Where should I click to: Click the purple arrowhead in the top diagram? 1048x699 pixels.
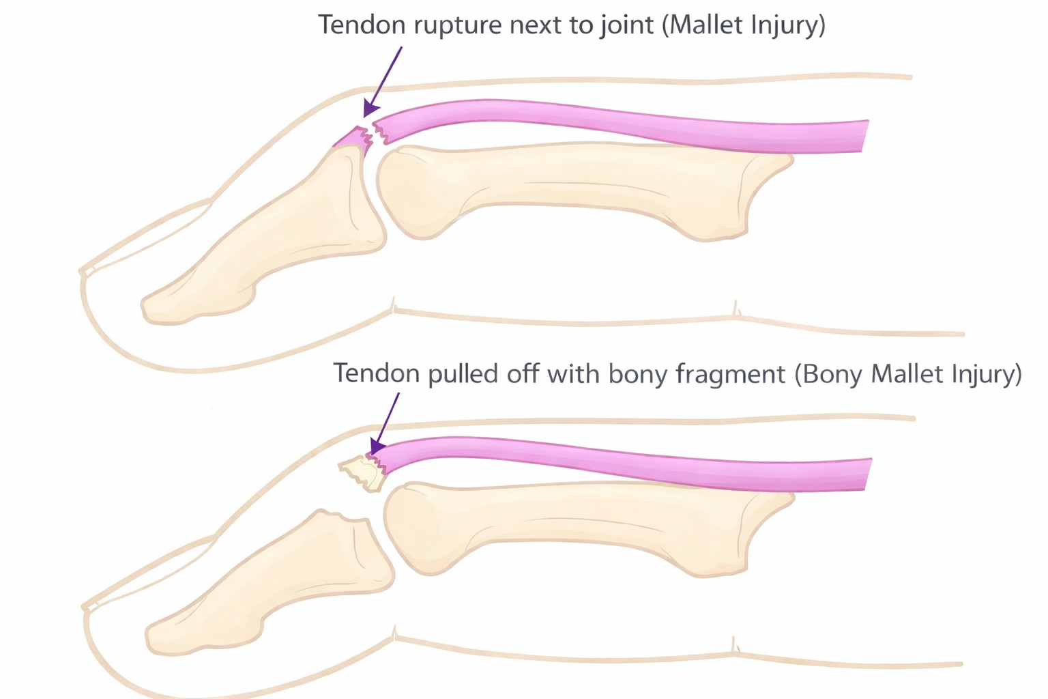[x=370, y=109]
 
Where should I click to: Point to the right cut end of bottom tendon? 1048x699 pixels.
[x=867, y=474]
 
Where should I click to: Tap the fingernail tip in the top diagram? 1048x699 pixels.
[x=86, y=272]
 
